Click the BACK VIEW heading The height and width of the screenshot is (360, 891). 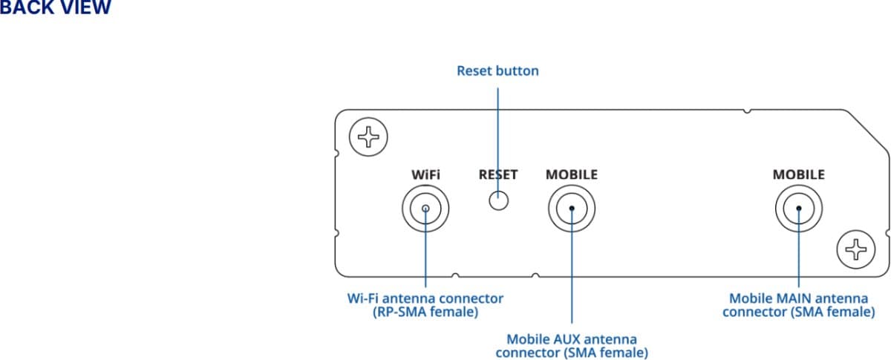point(55,9)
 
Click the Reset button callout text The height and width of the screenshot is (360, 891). point(497,71)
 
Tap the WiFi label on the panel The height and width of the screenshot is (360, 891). point(425,175)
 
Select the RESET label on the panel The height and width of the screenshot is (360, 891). point(498,175)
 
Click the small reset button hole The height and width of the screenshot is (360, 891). point(498,200)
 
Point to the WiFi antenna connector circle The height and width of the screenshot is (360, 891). point(425,208)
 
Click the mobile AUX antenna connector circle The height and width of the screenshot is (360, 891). point(572,208)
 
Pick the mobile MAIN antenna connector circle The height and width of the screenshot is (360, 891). point(798,208)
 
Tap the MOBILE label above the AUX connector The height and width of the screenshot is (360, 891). point(572,175)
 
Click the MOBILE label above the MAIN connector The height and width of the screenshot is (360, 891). point(798,175)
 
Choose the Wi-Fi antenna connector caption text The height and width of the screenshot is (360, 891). point(425,305)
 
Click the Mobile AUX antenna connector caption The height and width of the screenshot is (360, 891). point(572,345)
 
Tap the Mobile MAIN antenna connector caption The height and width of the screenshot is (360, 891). point(798,305)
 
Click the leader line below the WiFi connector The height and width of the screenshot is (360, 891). point(425,252)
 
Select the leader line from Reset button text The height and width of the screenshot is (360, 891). point(497,134)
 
